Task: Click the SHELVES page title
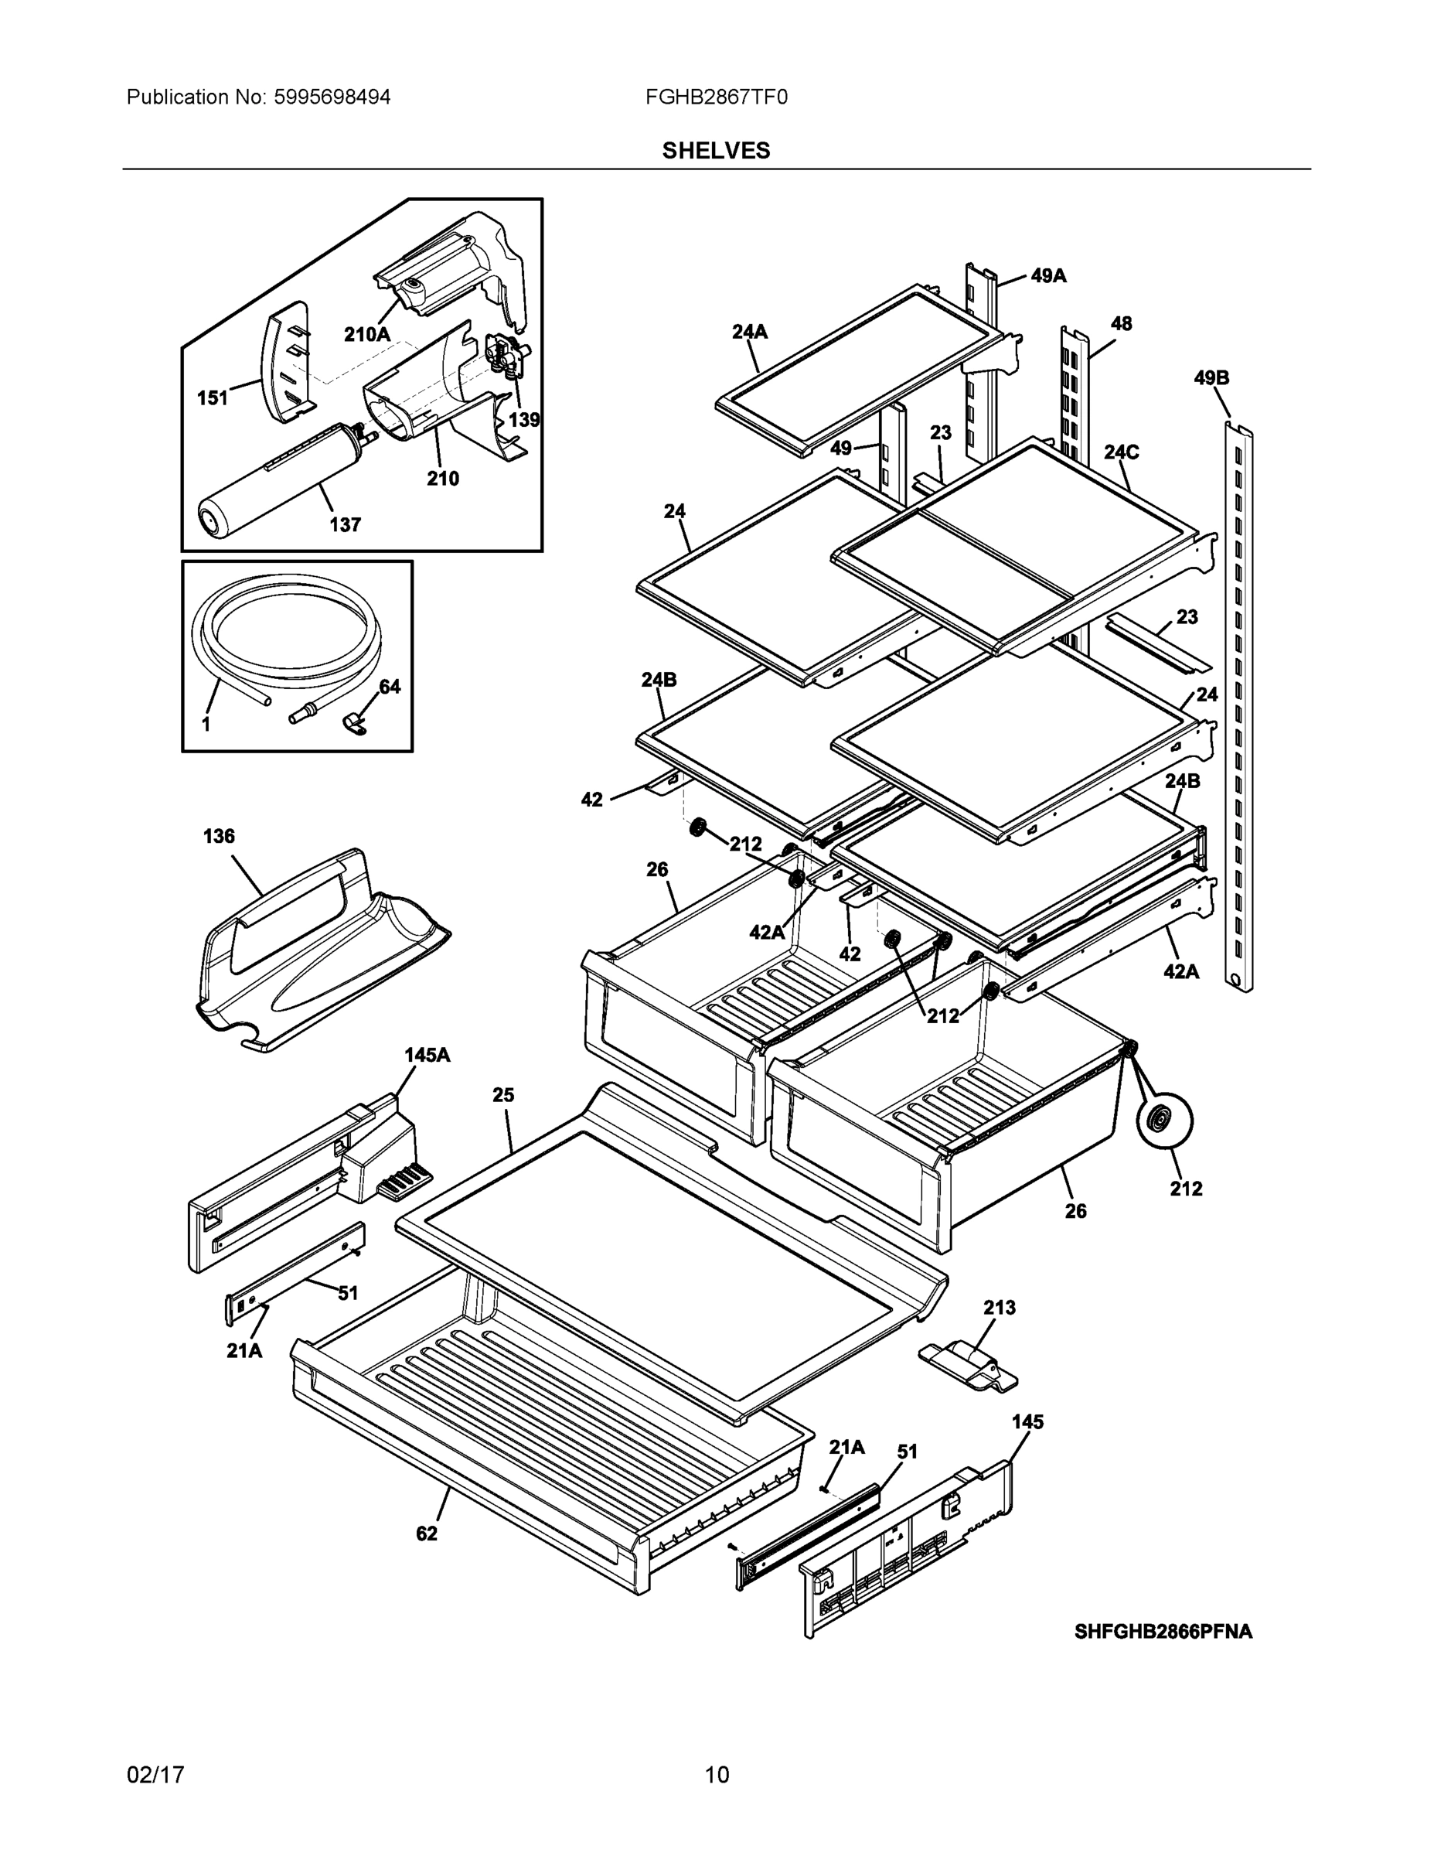coord(715,151)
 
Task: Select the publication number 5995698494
coord(332,97)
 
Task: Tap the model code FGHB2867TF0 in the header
coord(715,97)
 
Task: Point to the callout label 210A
coord(367,335)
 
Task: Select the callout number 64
coord(389,687)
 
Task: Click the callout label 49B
coord(1211,378)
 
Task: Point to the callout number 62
coord(427,1533)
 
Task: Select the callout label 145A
coord(427,1056)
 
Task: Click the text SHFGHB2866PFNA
coord(1162,1632)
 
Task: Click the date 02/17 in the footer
coord(155,1775)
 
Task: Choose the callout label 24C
coord(1122,452)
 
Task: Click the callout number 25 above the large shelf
coord(504,1094)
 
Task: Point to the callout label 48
coord(1122,324)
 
